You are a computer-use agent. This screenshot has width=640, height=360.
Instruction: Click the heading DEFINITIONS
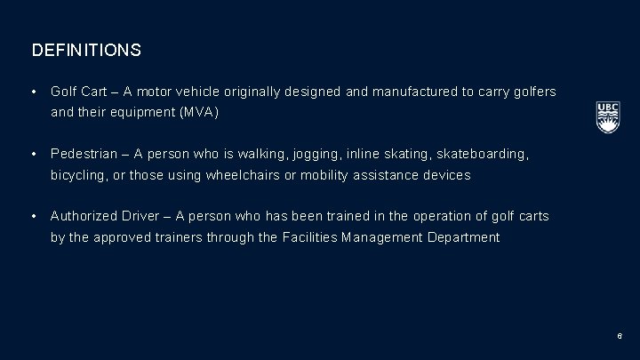pos(86,51)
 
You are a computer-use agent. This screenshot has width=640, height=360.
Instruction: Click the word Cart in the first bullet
pos(98,92)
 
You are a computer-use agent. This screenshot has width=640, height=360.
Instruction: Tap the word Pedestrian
pos(85,154)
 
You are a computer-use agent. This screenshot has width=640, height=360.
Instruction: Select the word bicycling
pos(80,175)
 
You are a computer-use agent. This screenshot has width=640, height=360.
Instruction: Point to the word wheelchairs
pos(252,175)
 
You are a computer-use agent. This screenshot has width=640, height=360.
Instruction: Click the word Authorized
pos(85,216)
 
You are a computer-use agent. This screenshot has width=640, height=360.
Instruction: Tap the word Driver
pos(144,216)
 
